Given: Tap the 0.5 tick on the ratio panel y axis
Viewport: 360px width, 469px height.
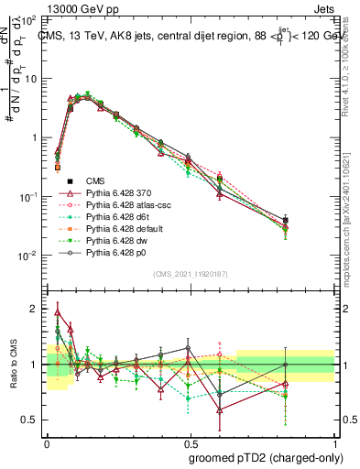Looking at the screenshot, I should point(34,420).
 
